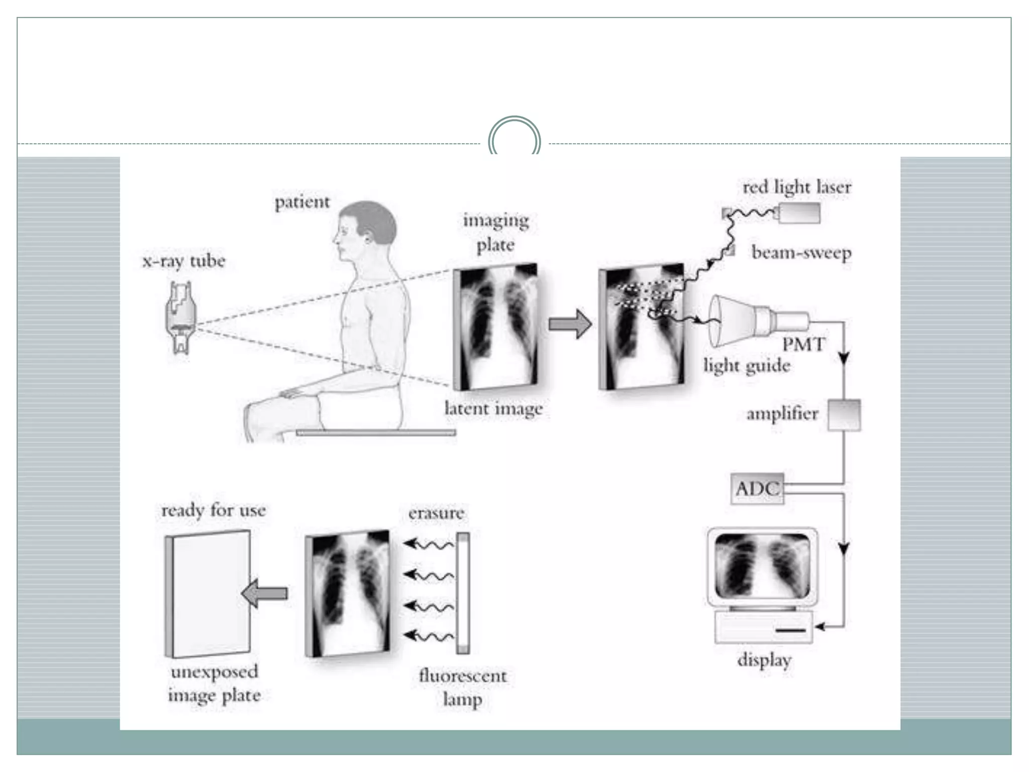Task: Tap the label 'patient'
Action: [x=302, y=203]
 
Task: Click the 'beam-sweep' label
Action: [x=801, y=252]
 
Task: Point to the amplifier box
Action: [x=844, y=415]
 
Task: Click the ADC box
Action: [x=757, y=488]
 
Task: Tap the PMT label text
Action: [x=803, y=345]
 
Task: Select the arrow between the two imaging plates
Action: [x=570, y=324]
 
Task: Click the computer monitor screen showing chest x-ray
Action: [x=762, y=565]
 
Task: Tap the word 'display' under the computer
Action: [x=764, y=660]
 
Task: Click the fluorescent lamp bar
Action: [x=463, y=593]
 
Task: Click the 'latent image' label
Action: [x=493, y=409]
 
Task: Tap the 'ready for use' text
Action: [x=214, y=511]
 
